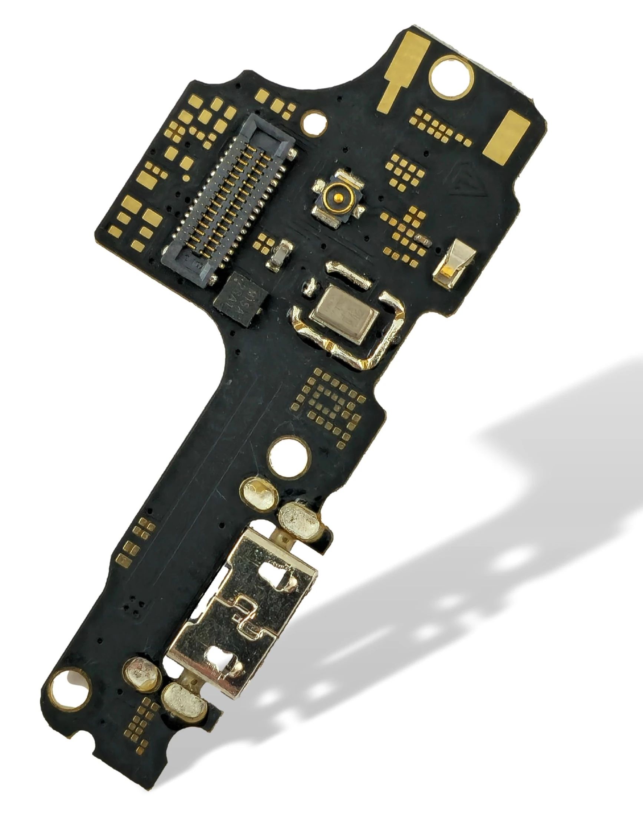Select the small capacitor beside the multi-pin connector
[279, 255]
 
